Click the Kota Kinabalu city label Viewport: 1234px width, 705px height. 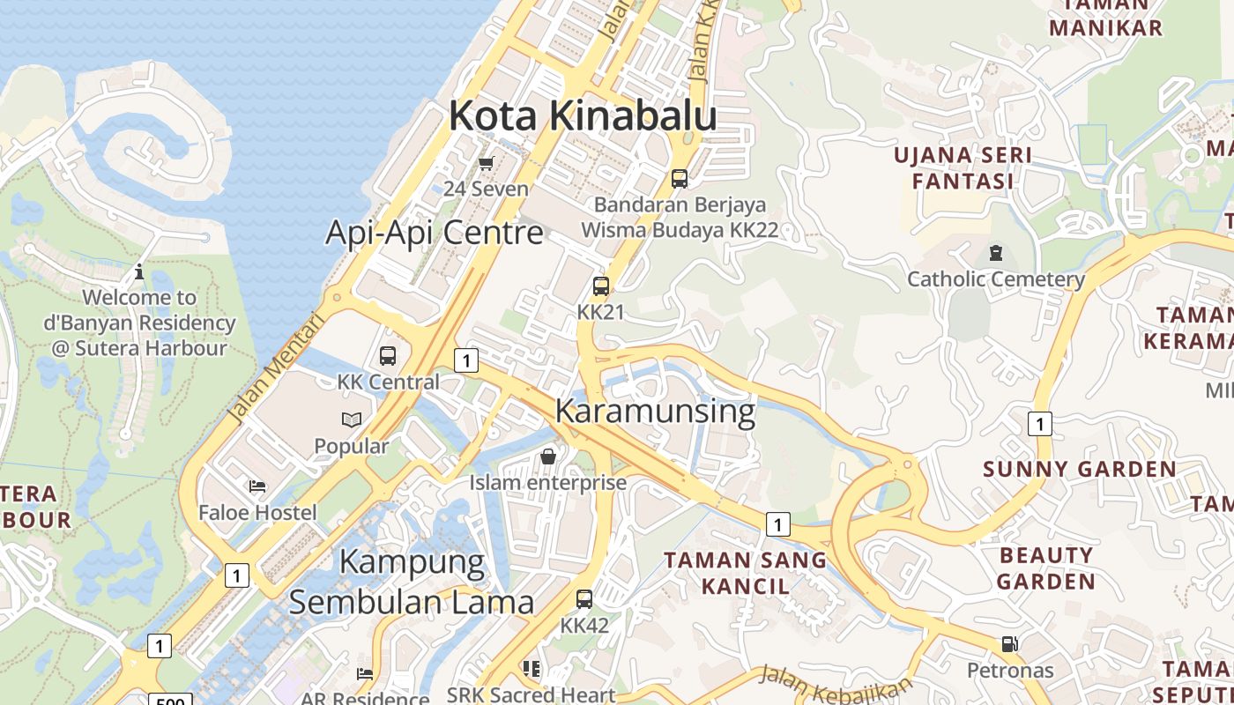coord(583,116)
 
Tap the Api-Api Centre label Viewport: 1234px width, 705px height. coord(435,233)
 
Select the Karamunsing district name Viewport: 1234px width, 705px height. coord(655,412)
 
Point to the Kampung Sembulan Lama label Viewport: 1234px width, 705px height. coord(412,582)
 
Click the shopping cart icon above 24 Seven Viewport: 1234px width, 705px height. coord(486,163)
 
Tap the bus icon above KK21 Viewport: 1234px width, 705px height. coord(600,286)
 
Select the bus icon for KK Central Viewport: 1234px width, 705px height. coord(388,356)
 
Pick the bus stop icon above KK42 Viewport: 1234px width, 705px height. coord(584,599)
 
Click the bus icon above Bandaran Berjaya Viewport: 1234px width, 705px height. coord(679,179)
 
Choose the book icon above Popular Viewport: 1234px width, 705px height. coord(352,420)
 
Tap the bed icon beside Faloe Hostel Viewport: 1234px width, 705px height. coord(257,486)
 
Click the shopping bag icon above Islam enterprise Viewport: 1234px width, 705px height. coord(547,456)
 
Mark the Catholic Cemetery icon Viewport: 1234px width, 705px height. coord(996,254)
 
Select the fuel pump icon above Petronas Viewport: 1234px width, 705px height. coord(1009,644)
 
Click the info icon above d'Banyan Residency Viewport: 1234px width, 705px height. coord(139,271)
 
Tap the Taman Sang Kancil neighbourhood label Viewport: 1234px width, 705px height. coord(746,573)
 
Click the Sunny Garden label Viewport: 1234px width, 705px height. coord(1079,469)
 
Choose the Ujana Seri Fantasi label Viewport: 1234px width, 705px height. coord(963,168)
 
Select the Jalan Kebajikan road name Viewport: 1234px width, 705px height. coord(835,684)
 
